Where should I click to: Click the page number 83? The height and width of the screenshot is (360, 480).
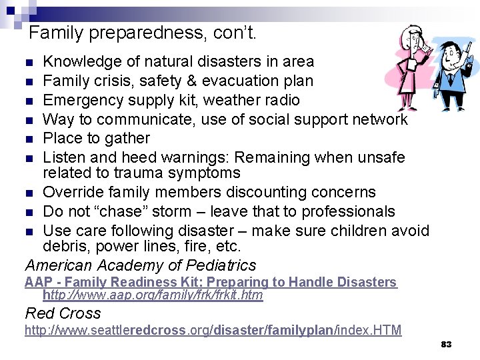pos(447,345)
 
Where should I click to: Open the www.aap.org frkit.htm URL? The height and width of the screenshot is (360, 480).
pos(153,295)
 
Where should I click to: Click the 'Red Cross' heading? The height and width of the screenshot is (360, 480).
pos(63,313)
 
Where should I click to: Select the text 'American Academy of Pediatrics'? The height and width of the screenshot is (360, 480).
pos(140,266)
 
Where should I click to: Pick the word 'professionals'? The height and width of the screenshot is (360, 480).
pos(349,212)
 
